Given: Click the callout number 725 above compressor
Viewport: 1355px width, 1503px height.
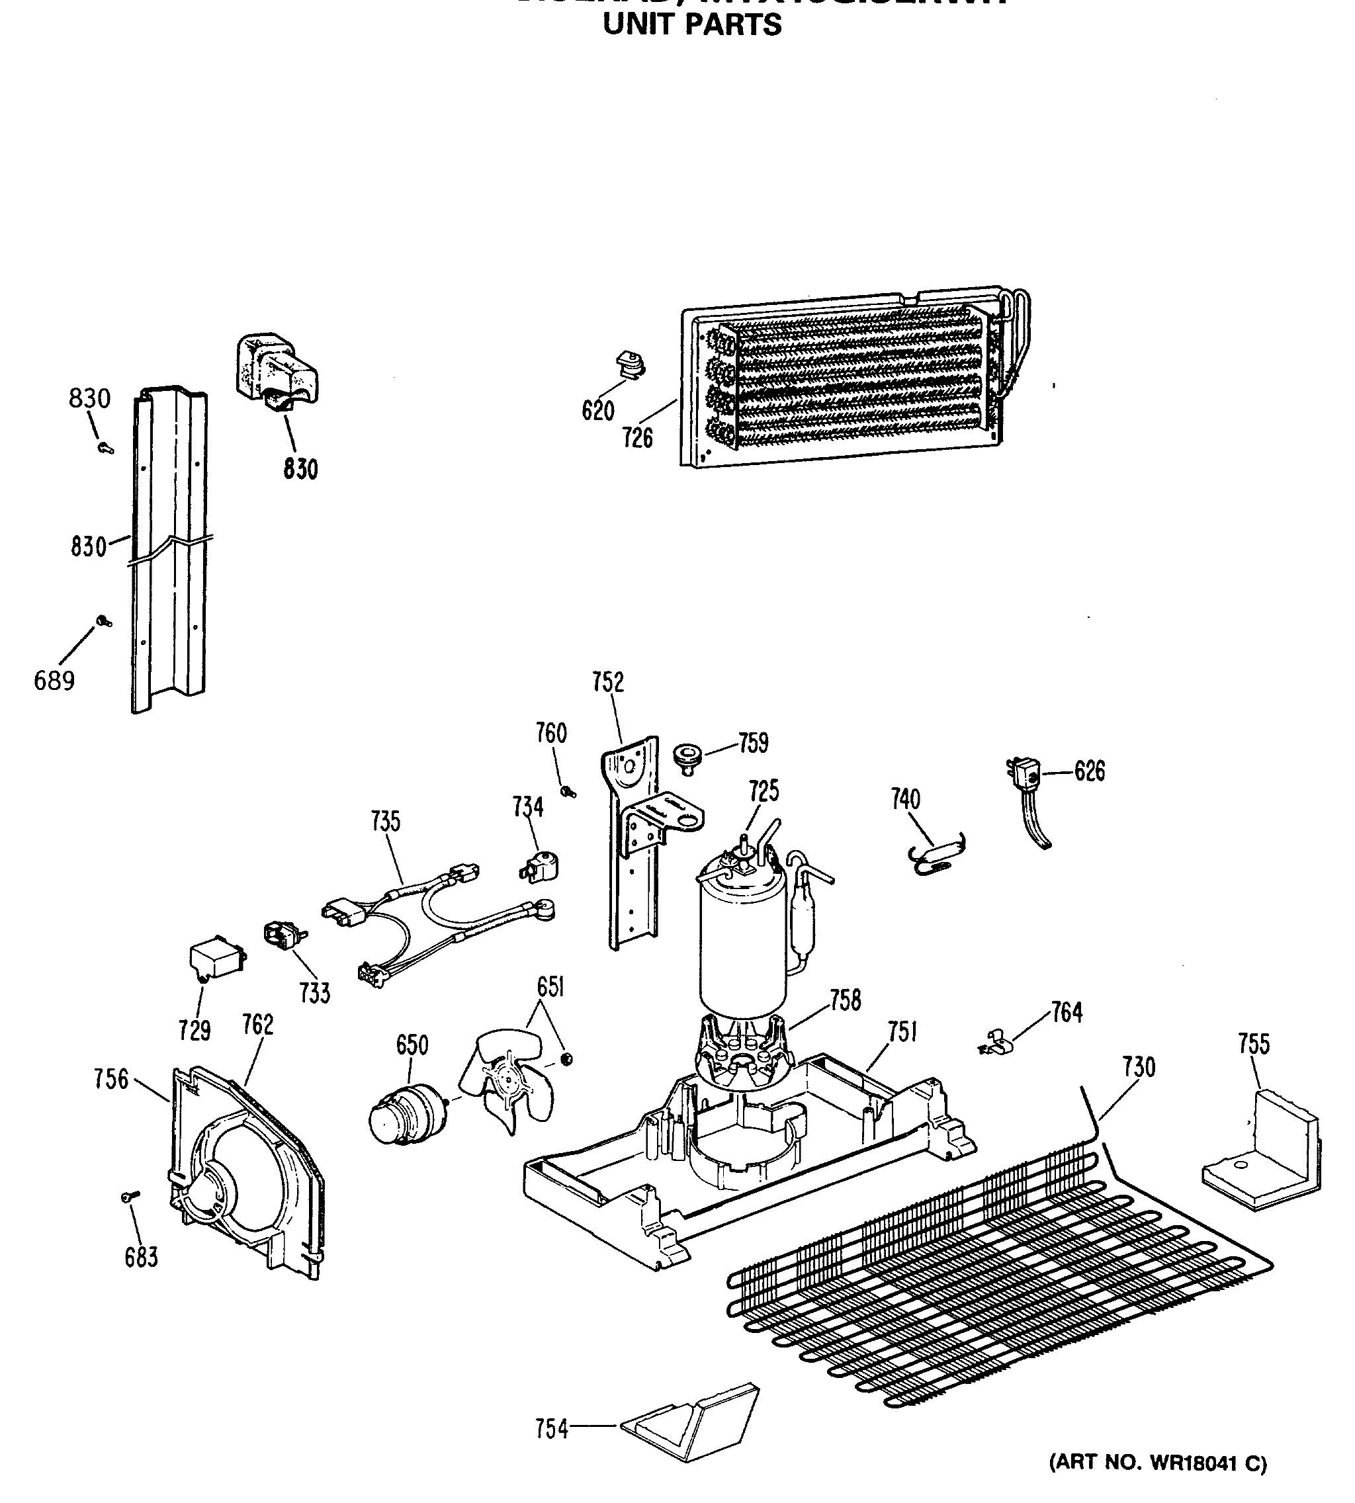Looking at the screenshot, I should tap(764, 791).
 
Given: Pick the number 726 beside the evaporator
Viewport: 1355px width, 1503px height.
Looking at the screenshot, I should tap(638, 438).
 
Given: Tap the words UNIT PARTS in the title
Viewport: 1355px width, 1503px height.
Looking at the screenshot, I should tap(691, 25).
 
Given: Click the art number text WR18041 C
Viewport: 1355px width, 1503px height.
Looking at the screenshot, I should tap(1158, 1463).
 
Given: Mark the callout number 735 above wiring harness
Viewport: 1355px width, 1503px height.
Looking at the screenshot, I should tap(386, 822).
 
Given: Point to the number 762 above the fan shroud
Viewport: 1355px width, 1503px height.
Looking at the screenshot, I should tap(257, 1025).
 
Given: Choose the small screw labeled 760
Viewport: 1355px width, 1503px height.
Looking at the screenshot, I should tap(570, 791).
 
